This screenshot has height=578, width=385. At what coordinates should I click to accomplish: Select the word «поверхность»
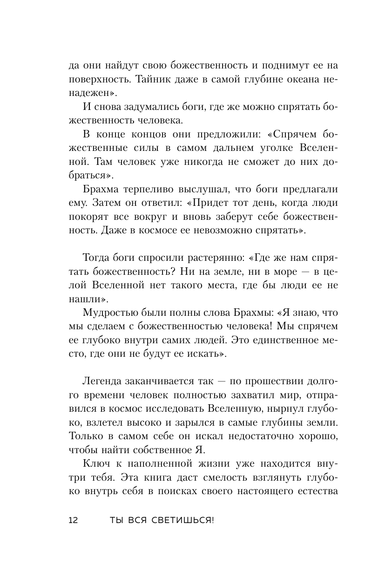coord(99,79)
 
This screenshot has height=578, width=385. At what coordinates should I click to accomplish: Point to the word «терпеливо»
coord(152,189)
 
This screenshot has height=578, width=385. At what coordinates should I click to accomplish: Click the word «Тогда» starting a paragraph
coord(97,258)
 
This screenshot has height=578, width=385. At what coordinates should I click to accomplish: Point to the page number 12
coord(74,521)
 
